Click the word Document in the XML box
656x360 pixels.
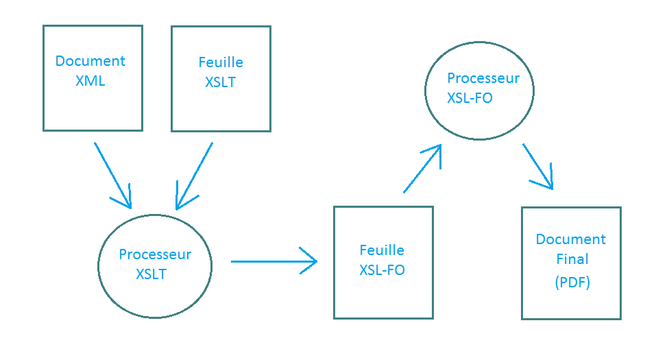coord(90,61)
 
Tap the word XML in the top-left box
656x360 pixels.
coord(90,81)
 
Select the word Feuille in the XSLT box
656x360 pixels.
coord(221,62)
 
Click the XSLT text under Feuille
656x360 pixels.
coord(221,82)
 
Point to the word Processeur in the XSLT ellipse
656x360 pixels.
coord(155,254)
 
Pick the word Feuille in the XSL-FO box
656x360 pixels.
coord(382,250)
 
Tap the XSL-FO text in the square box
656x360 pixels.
coord(382,270)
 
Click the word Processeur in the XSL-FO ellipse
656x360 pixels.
coord(483,78)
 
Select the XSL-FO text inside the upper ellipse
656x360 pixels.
coord(470,98)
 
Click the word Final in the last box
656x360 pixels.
coord(572,260)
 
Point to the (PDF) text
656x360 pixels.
coord(572,282)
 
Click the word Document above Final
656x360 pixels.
coord(571,239)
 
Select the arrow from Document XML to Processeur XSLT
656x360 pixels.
coord(112,174)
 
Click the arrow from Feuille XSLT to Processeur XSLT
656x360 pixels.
coord(195,176)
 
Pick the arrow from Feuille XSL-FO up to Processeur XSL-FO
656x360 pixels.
coord(422,169)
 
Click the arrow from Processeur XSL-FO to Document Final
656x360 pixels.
coord(537,166)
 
